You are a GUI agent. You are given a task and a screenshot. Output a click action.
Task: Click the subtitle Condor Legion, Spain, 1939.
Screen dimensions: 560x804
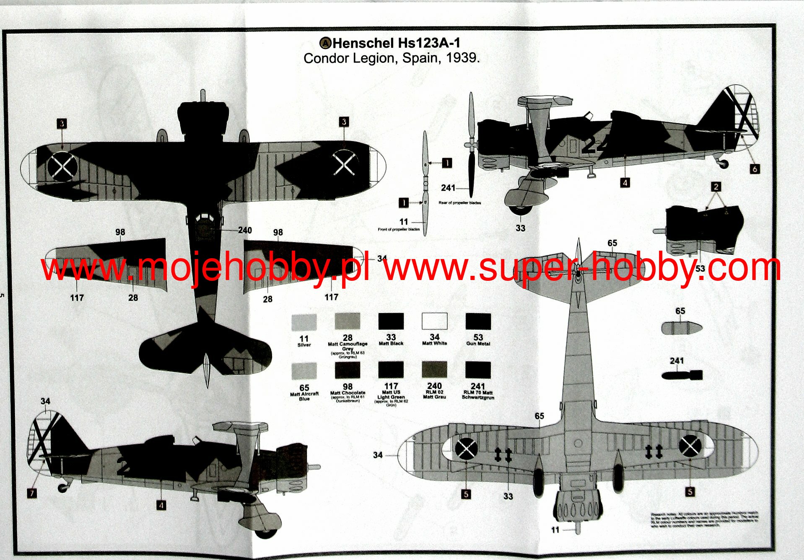392,58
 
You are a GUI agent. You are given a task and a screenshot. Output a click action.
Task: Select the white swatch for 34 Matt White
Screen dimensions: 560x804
434,321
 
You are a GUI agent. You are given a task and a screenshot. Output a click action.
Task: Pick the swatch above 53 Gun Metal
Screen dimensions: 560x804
478,321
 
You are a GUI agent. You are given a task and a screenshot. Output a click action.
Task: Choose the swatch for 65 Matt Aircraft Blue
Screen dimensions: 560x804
304,371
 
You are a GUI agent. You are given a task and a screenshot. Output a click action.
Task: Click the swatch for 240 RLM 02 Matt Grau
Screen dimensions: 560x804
434,370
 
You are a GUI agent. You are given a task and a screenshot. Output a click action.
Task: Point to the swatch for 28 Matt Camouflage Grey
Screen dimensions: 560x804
348,321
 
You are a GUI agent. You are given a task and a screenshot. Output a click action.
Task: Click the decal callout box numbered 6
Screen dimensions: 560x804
755,169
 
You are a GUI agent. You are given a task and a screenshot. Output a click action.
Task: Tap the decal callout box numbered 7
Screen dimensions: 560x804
32,493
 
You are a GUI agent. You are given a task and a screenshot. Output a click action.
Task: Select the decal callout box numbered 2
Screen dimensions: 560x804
716,187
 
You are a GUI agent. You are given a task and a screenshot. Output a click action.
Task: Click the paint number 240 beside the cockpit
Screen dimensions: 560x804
245,230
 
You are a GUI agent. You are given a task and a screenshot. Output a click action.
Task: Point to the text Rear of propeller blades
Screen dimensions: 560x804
459,203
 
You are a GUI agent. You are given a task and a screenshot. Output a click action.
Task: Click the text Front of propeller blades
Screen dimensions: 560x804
399,229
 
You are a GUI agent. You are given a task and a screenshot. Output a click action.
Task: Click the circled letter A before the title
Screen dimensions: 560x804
325,43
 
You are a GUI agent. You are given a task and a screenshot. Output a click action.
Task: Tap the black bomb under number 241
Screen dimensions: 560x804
682,374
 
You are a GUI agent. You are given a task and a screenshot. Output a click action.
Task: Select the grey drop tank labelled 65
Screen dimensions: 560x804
682,327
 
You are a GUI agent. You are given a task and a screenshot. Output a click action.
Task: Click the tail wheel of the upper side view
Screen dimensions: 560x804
723,164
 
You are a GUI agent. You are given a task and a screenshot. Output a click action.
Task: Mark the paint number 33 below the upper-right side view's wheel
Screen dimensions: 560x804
520,228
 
